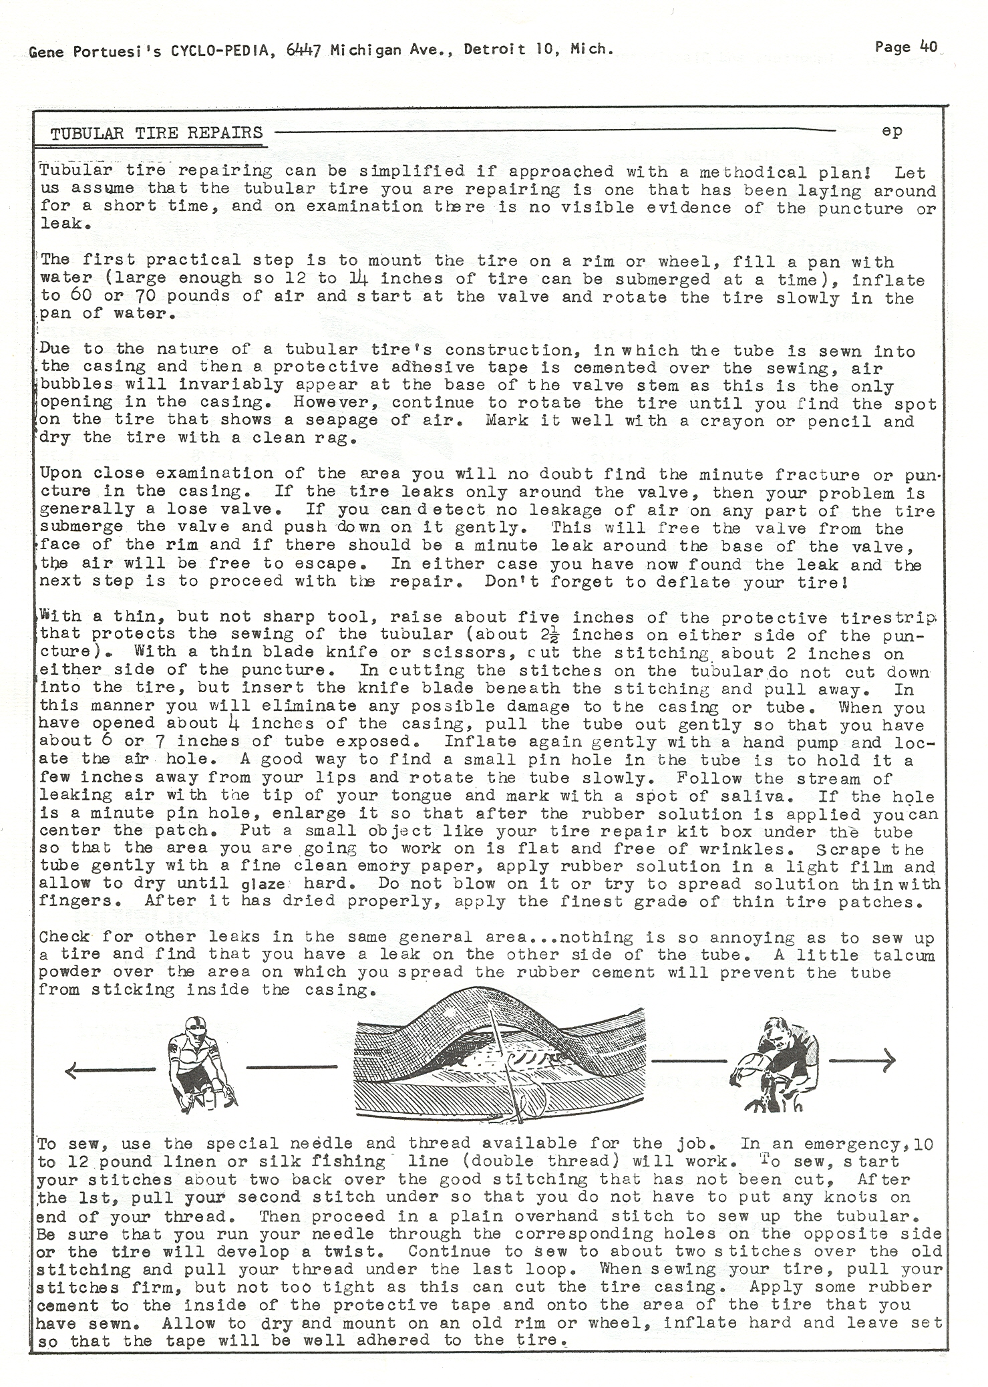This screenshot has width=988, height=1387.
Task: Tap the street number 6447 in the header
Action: pos(305,49)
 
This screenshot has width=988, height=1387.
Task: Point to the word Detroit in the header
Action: pos(494,49)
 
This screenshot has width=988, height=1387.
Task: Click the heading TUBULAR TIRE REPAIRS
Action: pos(157,132)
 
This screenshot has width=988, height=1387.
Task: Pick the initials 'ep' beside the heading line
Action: pos(892,131)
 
